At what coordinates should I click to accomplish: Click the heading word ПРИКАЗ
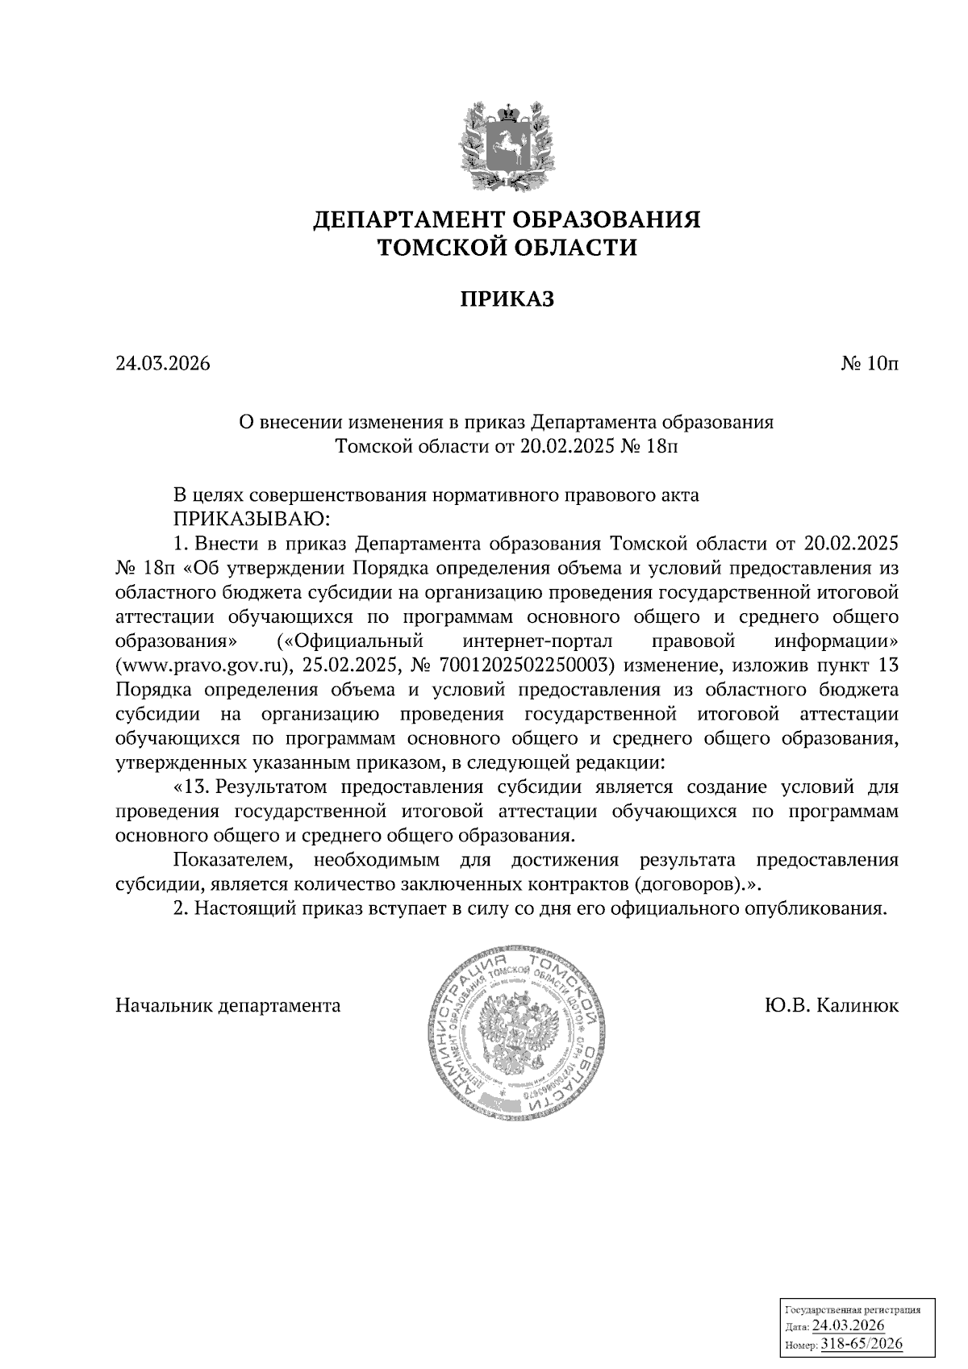507,299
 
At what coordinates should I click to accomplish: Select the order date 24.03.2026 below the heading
163,364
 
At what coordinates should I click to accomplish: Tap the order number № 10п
870,364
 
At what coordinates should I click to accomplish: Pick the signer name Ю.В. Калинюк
831,1006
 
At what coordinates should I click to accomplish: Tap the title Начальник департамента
228,1006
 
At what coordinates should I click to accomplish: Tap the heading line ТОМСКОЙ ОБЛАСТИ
507,248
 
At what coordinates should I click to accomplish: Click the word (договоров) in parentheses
691,883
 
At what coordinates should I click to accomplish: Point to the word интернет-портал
539,642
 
